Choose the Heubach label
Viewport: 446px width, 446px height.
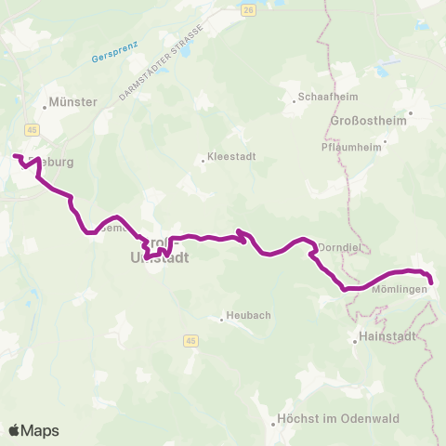tap(249, 316)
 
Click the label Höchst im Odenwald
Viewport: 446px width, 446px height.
tap(338, 419)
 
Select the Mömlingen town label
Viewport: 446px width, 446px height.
tap(399, 289)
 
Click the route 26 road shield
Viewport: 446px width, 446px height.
tap(247, 9)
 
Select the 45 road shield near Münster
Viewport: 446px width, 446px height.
tap(33, 129)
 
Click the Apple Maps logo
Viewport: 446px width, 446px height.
tap(33, 430)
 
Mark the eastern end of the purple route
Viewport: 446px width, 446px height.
tap(431, 282)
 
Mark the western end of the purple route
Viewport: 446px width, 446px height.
tap(15, 155)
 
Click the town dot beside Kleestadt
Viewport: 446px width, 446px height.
tap(203, 160)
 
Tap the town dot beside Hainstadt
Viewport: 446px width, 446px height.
tap(356, 341)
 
